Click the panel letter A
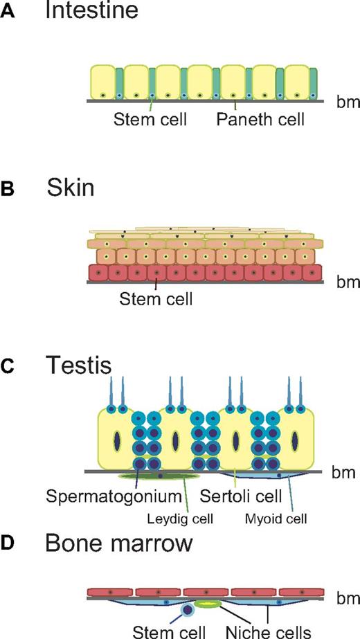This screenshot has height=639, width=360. pos(9,14)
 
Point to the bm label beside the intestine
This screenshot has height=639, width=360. pos(344,100)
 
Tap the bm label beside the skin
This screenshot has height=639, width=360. pos(344,282)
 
